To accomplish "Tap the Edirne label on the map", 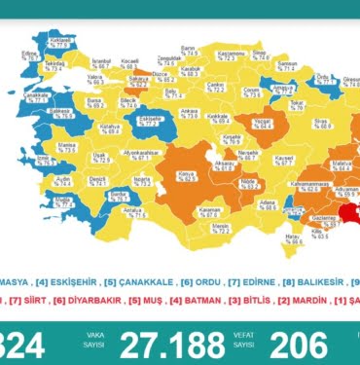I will pos(29,55).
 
